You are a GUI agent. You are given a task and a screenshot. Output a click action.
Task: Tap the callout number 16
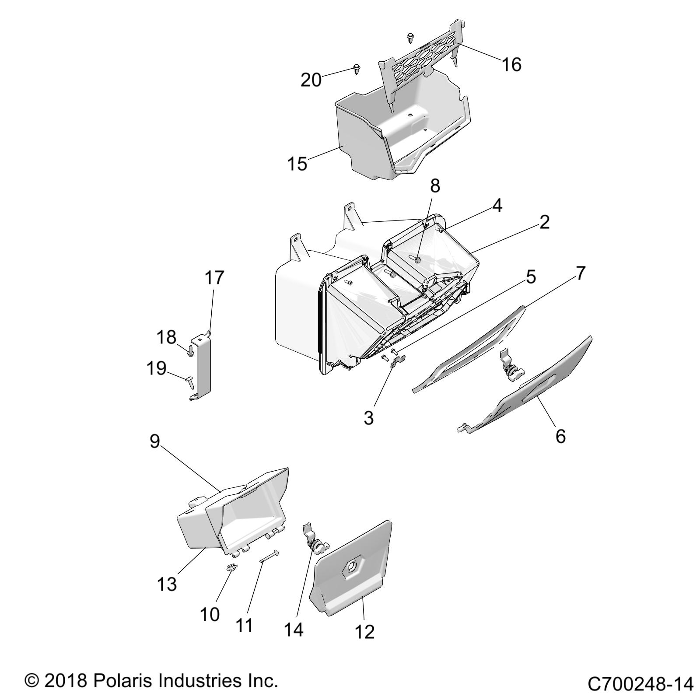(x=511, y=65)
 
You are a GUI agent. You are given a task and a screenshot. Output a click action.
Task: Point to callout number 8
(x=434, y=185)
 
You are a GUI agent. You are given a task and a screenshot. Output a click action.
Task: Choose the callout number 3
(x=369, y=418)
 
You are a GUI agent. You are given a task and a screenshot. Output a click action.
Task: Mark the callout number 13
(x=167, y=584)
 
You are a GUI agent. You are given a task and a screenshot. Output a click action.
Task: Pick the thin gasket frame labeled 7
(x=468, y=348)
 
